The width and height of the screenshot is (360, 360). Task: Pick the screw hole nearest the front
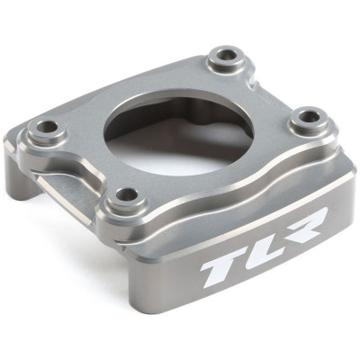127,193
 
